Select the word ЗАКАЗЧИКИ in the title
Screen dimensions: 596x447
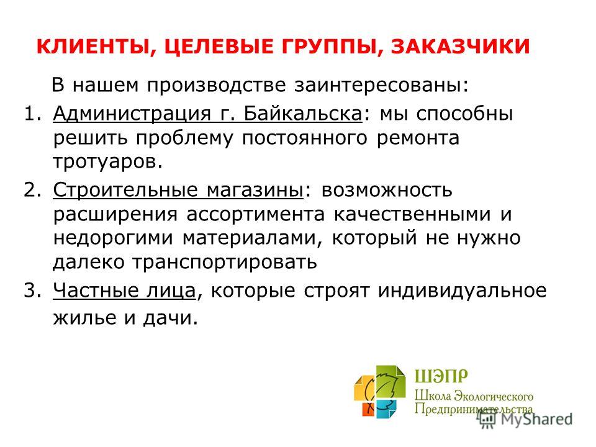point(460,47)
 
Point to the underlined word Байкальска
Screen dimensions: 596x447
point(303,113)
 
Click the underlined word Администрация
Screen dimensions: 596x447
point(132,114)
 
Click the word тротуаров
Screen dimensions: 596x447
point(108,162)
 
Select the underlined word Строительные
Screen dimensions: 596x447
point(125,190)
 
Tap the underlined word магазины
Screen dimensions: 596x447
point(255,190)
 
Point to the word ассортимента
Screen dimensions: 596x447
point(255,214)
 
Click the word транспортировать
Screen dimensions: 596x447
point(225,262)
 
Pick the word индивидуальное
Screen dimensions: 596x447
point(462,291)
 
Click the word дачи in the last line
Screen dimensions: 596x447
point(171,318)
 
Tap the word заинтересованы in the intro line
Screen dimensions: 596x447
point(382,85)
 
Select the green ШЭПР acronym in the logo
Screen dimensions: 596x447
point(441,376)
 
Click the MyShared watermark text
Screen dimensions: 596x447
point(536,419)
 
